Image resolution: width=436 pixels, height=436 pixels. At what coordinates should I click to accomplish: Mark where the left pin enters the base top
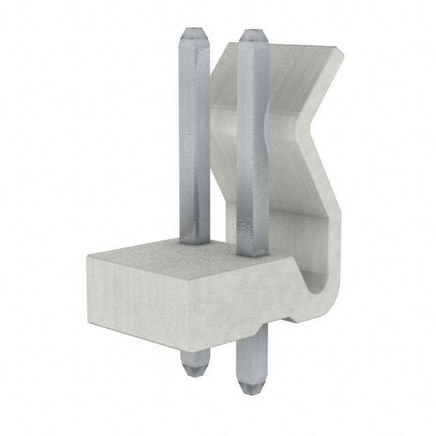(193, 240)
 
